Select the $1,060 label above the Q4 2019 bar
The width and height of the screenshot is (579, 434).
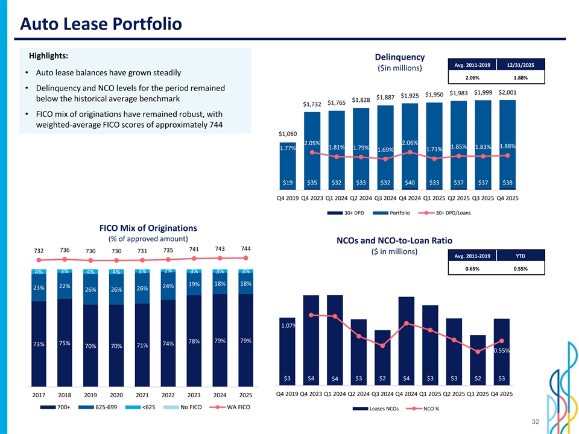(x=288, y=133)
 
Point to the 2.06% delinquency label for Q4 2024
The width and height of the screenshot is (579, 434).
(x=410, y=142)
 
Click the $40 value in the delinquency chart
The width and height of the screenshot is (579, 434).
(x=410, y=182)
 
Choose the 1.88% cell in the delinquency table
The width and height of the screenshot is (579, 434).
(x=520, y=77)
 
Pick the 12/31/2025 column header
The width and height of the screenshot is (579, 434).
(x=520, y=64)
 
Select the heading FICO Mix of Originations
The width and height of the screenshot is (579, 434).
(x=148, y=228)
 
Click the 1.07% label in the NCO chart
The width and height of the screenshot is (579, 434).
(x=288, y=326)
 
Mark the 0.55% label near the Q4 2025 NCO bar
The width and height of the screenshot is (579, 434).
(x=502, y=350)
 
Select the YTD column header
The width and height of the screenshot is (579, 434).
(x=520, y=256)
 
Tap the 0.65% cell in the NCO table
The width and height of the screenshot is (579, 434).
(x=473, y=268)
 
